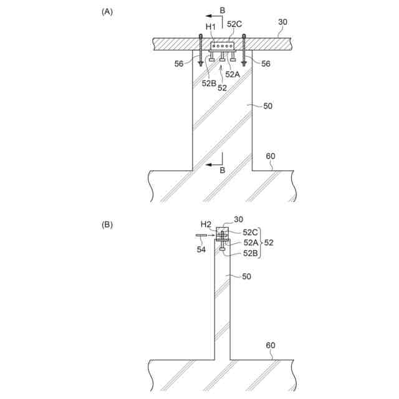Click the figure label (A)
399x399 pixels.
107,12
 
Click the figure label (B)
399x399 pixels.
107,224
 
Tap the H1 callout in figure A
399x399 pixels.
211,27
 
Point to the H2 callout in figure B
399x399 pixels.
206,224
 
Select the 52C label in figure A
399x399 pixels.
234,24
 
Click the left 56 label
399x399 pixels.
179,64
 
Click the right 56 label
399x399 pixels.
266,64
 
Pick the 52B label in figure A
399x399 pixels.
209,83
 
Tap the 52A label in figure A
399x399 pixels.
233,74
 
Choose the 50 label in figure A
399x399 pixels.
267,106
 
